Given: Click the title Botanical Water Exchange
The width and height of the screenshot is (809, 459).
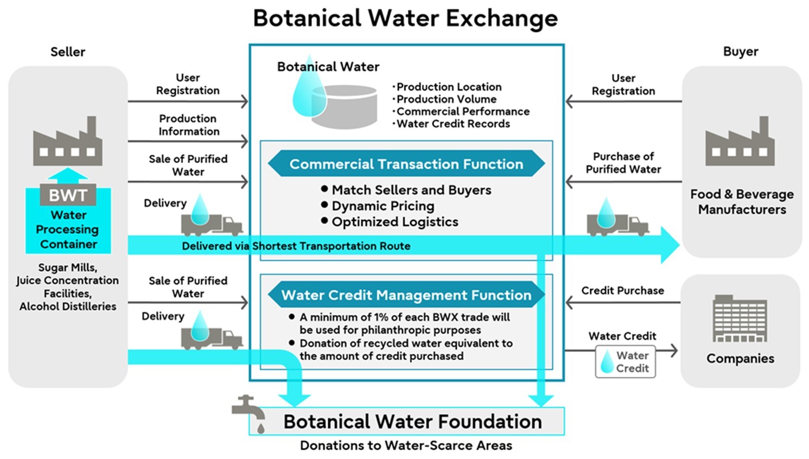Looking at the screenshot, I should tap(405, 18).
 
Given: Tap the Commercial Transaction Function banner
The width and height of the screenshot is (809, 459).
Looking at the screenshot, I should tap(406, 164).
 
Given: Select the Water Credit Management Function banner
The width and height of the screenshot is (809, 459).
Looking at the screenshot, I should tap(406, 295).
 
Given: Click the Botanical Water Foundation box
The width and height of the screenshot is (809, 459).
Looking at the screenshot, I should tap(412, 422).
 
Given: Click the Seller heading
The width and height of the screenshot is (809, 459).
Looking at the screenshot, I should tap(68, 52).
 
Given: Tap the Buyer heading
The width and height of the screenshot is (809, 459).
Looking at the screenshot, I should tap(741, 52).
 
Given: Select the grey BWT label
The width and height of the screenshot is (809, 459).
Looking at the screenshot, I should tap(68, 195).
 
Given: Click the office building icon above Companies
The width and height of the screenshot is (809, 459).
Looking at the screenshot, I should tap(740, 319).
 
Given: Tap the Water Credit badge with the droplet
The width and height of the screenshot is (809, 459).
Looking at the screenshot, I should tap(625, 362).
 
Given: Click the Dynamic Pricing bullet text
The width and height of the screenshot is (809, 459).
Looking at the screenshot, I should tap(383, 206).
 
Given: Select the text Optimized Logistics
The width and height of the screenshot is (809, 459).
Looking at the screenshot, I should tap(395, 222).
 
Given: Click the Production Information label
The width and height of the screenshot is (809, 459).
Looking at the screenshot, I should tap(188, 125).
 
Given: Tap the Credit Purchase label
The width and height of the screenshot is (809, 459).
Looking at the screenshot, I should tap(622, 291).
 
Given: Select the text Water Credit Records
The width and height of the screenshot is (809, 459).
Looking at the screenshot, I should tap(453, 124).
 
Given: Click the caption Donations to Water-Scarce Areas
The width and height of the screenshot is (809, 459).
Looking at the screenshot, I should tap(406, 445).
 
